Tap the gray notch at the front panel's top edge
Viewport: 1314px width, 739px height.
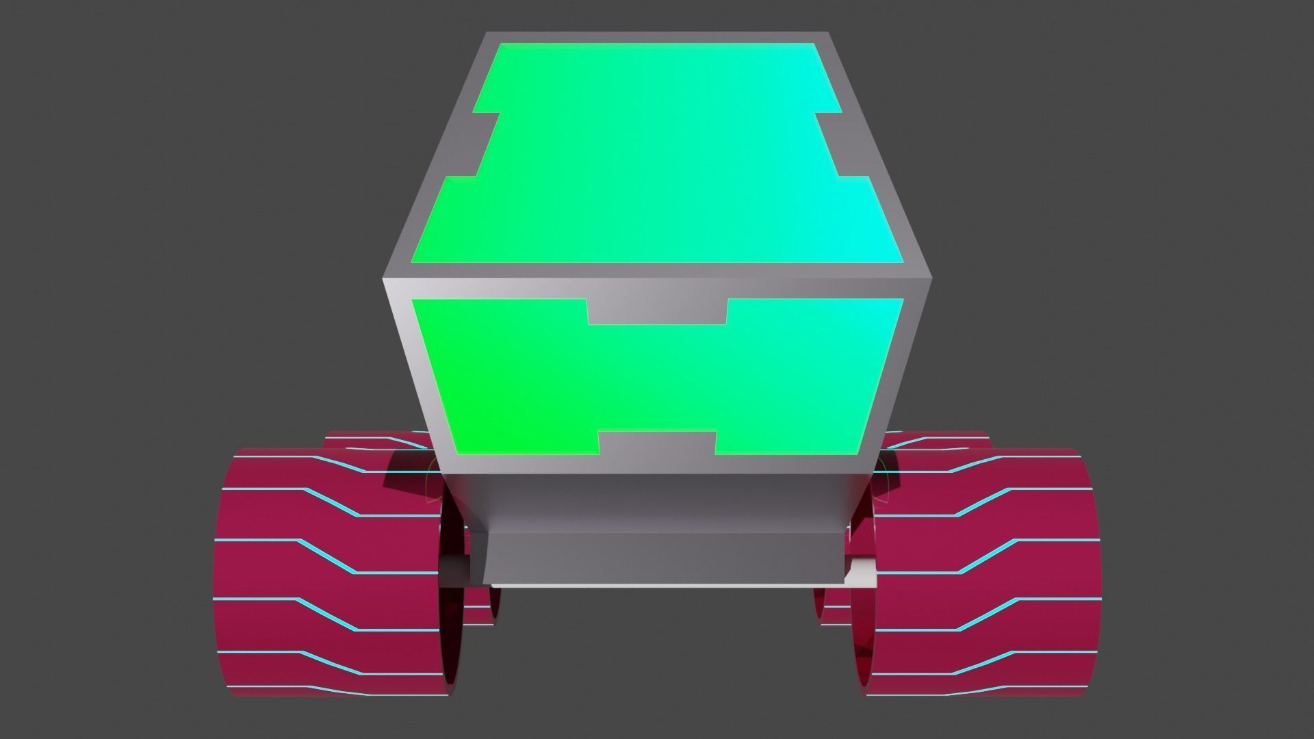click(x=657, y=311)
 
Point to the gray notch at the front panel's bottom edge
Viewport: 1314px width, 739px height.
click(x=657, y=443)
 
